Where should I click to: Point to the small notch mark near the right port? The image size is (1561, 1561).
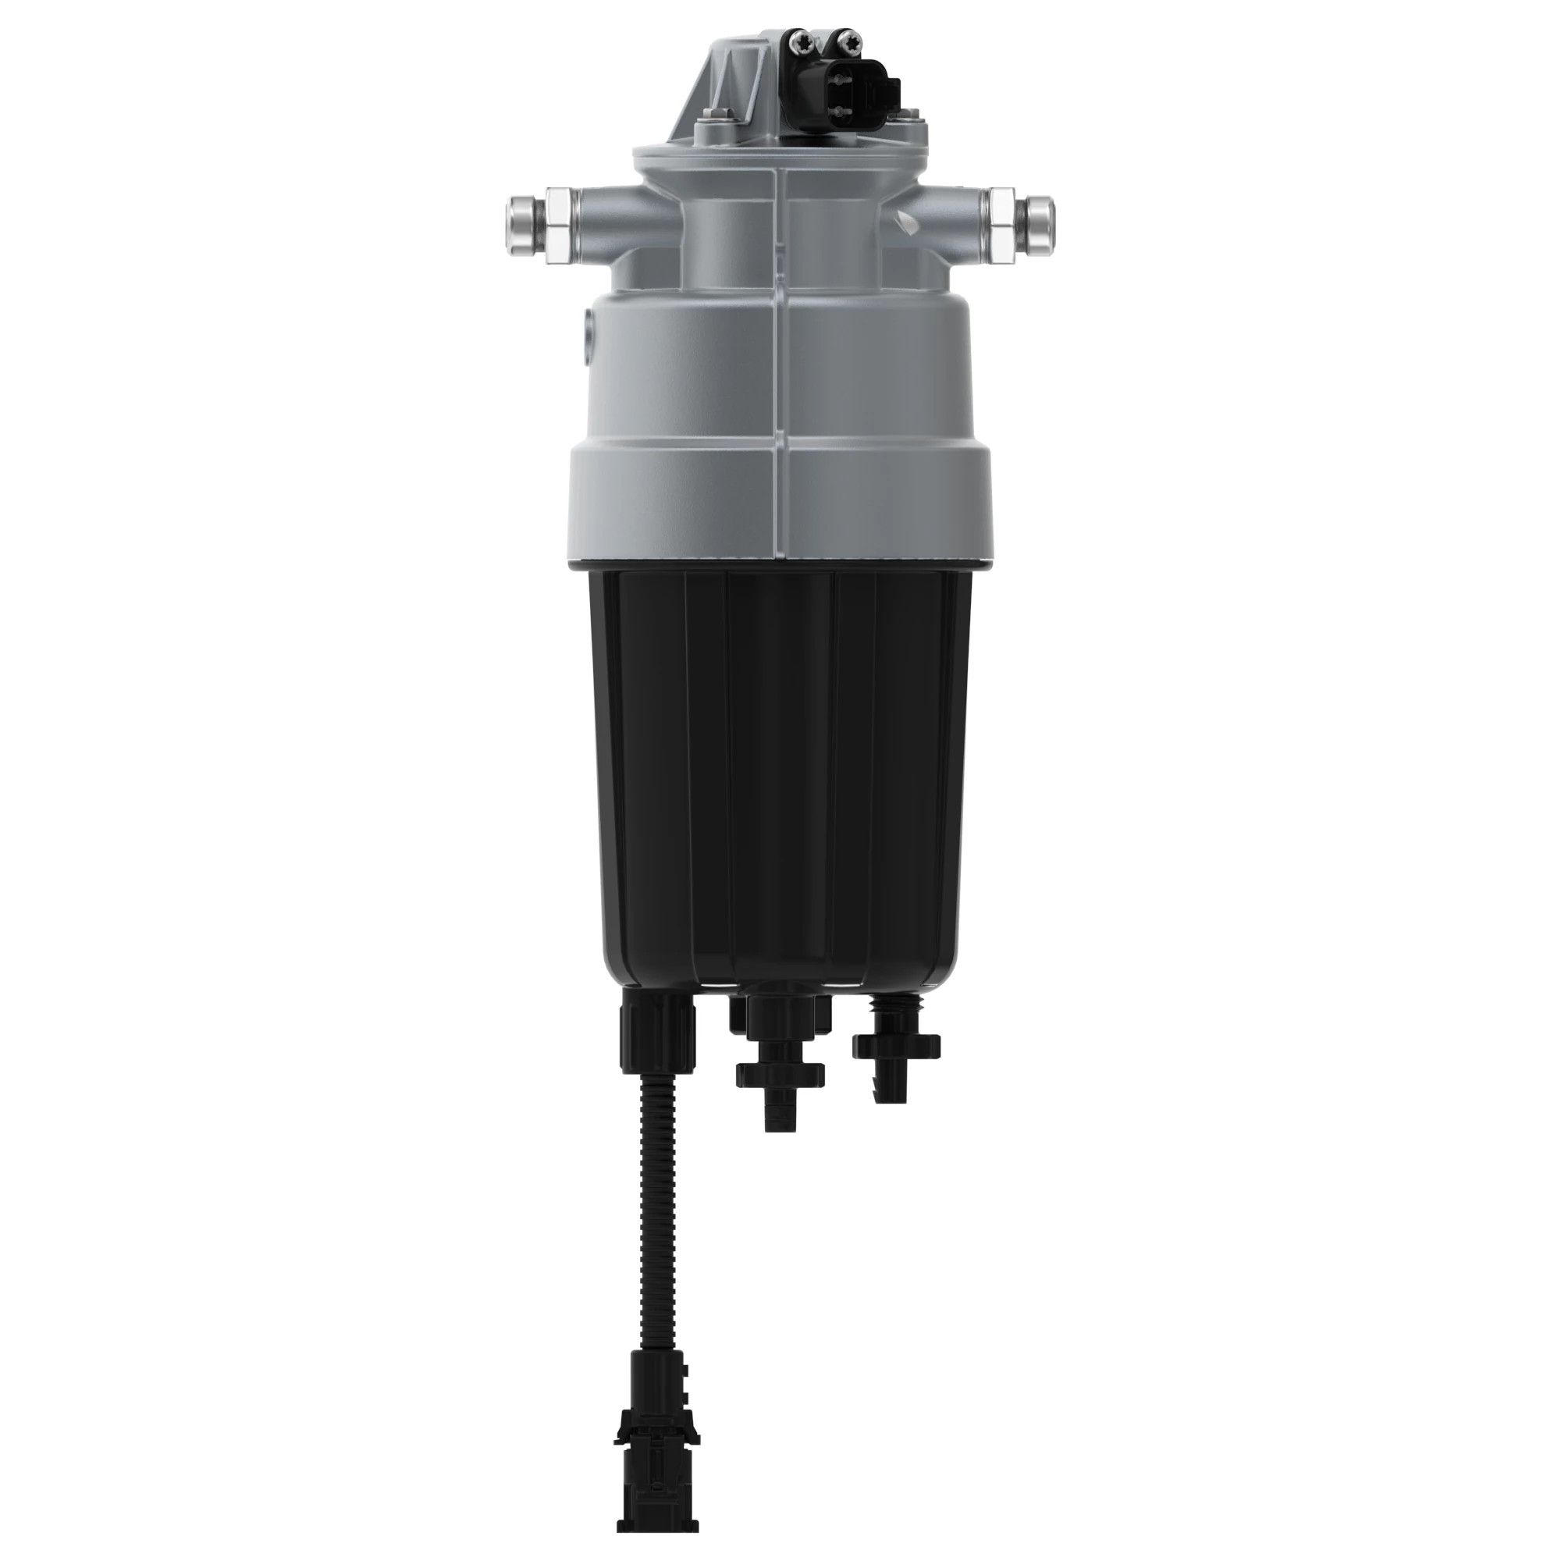[899, 215]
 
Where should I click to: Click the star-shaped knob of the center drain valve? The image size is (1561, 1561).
[780, 1074]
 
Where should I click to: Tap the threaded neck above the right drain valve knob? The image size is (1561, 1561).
[895, 1010]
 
